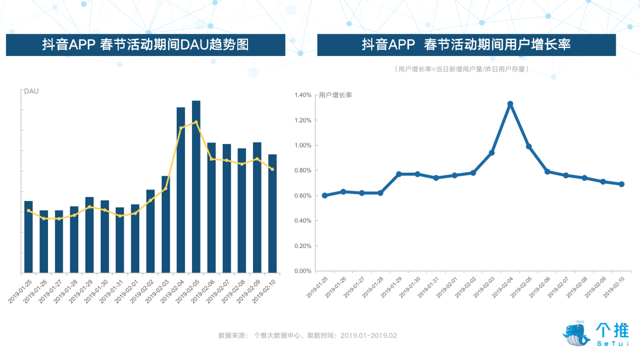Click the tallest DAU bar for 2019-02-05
(196, 187)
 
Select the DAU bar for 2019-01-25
(28, 237)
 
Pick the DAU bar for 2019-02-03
(166, 224)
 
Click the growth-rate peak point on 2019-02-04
(510, 104)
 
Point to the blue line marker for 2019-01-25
(325, 195)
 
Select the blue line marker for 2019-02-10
(621, 184)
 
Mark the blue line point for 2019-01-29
(399, 174)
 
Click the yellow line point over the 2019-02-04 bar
(181, 128)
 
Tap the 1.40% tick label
(303, 95)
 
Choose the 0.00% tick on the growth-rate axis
(303, 271)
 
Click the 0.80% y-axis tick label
(303, 171)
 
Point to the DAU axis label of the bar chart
(31, 91)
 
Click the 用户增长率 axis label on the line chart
(335, 95)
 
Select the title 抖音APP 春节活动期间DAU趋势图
(145, 45)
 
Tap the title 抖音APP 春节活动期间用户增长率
(466, 45)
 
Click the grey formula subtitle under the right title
(462, 69)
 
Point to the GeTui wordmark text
(612, 344)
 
